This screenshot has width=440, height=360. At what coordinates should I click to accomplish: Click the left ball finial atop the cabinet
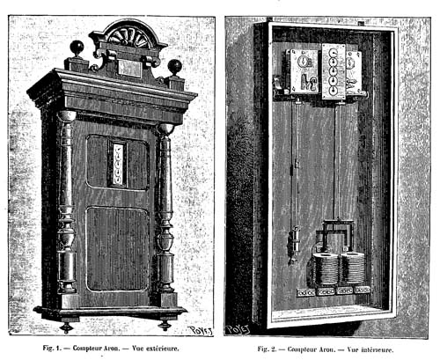(x=77, y=47)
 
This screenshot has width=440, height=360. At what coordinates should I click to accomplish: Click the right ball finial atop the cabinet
(x=175, y=67)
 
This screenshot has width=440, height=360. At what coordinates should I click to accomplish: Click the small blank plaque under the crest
(x=129, y=69)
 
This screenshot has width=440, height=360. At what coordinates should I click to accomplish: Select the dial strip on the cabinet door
(x=119, y=164)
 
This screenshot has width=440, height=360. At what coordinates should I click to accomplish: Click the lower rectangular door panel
(x=117, y=249)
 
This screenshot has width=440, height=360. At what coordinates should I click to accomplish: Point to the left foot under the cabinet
(x=66, y=327)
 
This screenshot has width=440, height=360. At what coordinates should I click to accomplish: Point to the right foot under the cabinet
(x=165, y=325)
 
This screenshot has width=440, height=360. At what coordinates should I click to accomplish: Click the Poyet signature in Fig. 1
(x=201, y=330)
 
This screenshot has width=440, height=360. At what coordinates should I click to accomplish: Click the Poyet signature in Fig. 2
(x=238, y=328)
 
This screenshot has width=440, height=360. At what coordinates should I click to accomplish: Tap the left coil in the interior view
(x=326, y=268)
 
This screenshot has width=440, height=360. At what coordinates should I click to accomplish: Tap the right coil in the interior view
(x=353, y=267)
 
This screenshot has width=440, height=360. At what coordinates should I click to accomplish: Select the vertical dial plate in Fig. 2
(x=334, y=71)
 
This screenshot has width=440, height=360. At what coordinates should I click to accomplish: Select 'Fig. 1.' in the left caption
(x=52, y=349)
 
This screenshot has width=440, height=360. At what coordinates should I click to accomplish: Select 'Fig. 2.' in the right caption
(x=267, y=349)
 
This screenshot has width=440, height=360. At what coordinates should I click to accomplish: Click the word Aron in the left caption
(x=113, y=349)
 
